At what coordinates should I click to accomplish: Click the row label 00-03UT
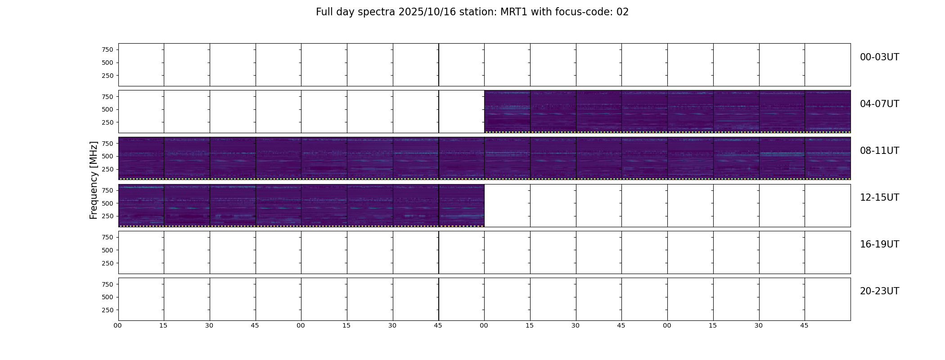[x=879, y=57]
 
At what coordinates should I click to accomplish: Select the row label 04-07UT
[x=879, y=104]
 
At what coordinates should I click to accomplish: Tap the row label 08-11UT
[x=879, y=151]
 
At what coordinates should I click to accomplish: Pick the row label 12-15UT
[x=879, y=198]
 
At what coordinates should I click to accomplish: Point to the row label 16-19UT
[x=879, y=244]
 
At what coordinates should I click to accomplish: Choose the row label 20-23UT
[x=879, y=291]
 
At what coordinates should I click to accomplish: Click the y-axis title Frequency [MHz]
[x=94, y=180]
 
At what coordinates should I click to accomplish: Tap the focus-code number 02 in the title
[x=622, y=12]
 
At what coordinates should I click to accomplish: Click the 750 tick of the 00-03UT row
[x=108, y=49]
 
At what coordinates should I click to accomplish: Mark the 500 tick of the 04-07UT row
[x=108, y=109]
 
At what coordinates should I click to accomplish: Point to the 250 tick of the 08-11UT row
[x=108, y=169]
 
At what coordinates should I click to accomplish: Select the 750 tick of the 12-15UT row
[x=108, y=190]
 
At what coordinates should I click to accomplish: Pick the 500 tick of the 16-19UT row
[x=108, y=250]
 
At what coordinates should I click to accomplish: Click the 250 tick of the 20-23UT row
[x=108, y=310]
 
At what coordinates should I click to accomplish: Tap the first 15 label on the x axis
[x=163, y=325]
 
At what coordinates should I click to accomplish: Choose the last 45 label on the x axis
[x=804, y=325]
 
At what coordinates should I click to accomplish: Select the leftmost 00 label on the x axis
[x=117, y=325]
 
